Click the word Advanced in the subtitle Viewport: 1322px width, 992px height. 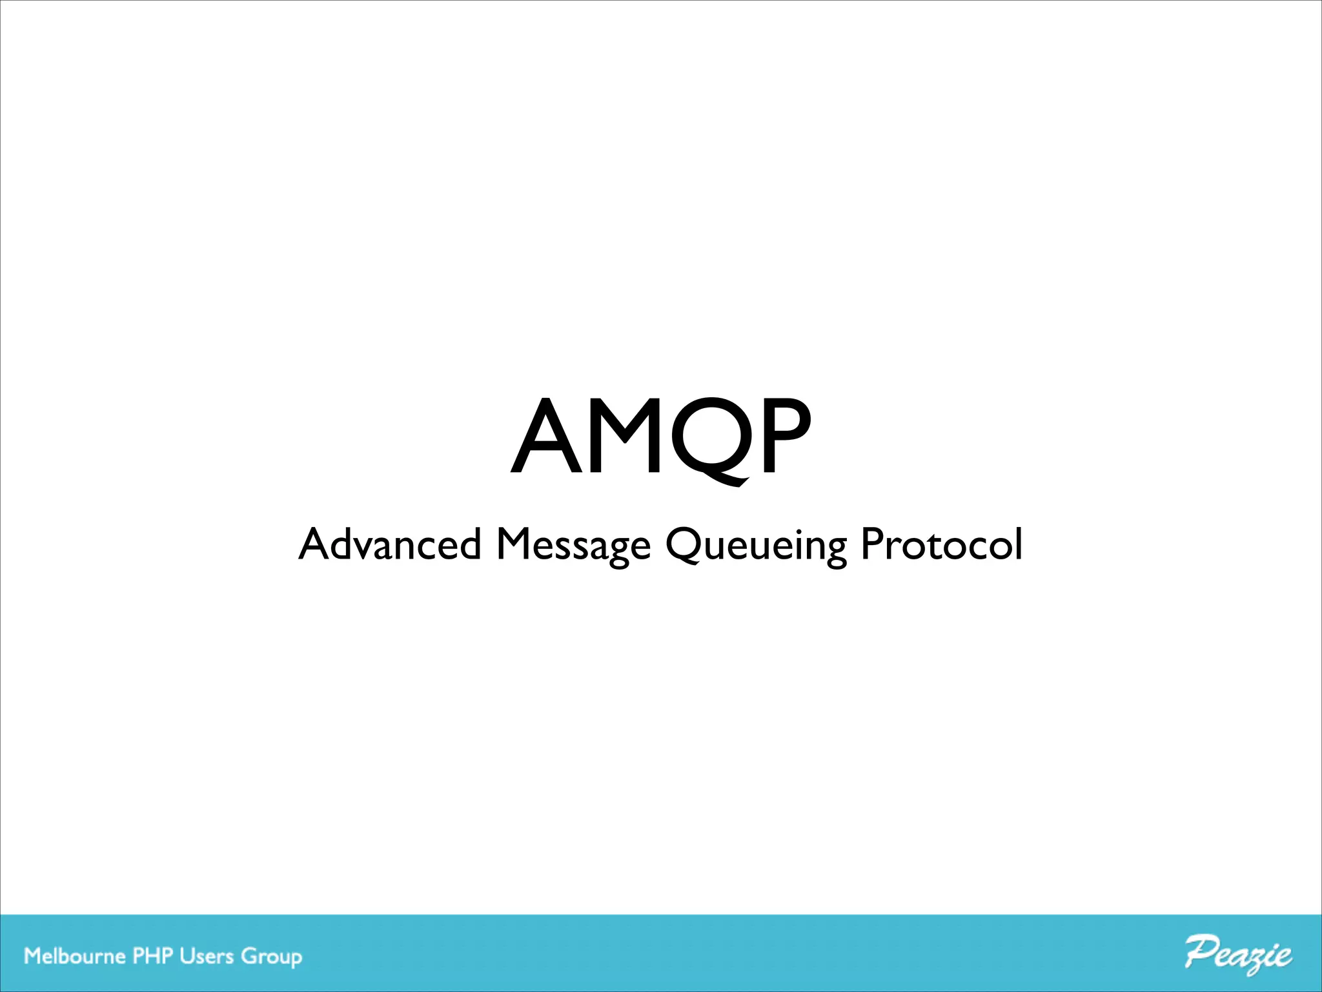pos(390,544)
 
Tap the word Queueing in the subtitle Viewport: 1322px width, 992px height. pos(755,546)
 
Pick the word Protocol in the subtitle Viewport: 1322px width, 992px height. pos(942,544)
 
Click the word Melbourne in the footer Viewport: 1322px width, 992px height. pos(75,956)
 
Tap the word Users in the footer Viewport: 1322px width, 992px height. pos(207,956)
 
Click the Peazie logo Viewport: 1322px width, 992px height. pos(1238,955)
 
